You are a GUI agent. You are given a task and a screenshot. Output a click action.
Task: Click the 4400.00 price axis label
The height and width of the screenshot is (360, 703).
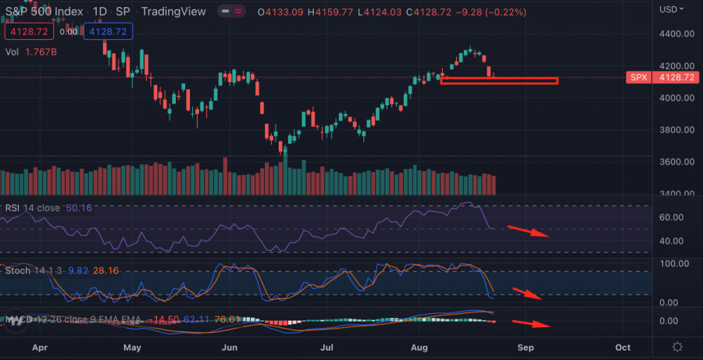[676, 34]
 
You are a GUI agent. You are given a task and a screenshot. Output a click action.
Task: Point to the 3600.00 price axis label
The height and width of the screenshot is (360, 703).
[676, 162]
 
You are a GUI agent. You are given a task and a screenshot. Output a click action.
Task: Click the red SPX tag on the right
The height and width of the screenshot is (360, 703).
[638, 78]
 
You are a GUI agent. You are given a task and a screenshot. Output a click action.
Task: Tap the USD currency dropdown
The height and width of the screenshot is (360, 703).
[670, 9]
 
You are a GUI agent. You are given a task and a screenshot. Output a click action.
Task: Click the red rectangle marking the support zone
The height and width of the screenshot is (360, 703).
[499, 80]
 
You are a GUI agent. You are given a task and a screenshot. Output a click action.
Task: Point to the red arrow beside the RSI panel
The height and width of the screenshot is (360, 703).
[529, 231]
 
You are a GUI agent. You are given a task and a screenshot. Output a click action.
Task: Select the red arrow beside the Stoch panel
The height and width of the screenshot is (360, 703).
[529, 294]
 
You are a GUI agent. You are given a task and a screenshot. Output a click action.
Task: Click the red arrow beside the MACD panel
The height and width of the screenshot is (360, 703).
[531, 323]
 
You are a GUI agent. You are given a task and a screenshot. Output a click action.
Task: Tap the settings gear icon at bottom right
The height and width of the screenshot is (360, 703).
[677, 347]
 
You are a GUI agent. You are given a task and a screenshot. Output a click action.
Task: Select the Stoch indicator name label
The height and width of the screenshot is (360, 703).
[18, 270]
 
